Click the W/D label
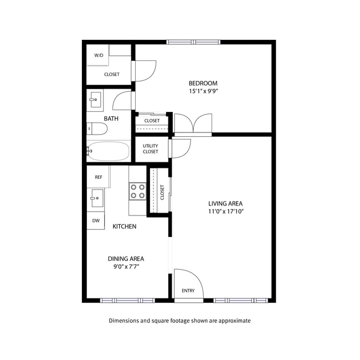99,55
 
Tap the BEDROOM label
203,84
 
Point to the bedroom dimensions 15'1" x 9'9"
203,92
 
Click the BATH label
111,119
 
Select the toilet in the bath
97,128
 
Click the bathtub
109,151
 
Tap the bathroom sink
95,101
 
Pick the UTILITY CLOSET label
150,149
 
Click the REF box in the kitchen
98,177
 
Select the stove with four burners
137,191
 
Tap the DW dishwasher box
96,220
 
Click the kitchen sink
96,197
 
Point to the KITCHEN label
125,227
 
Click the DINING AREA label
126,259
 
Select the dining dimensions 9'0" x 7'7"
126,267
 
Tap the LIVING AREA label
225,203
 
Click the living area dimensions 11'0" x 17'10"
225,212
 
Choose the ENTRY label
188,291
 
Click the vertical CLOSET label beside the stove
162,192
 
